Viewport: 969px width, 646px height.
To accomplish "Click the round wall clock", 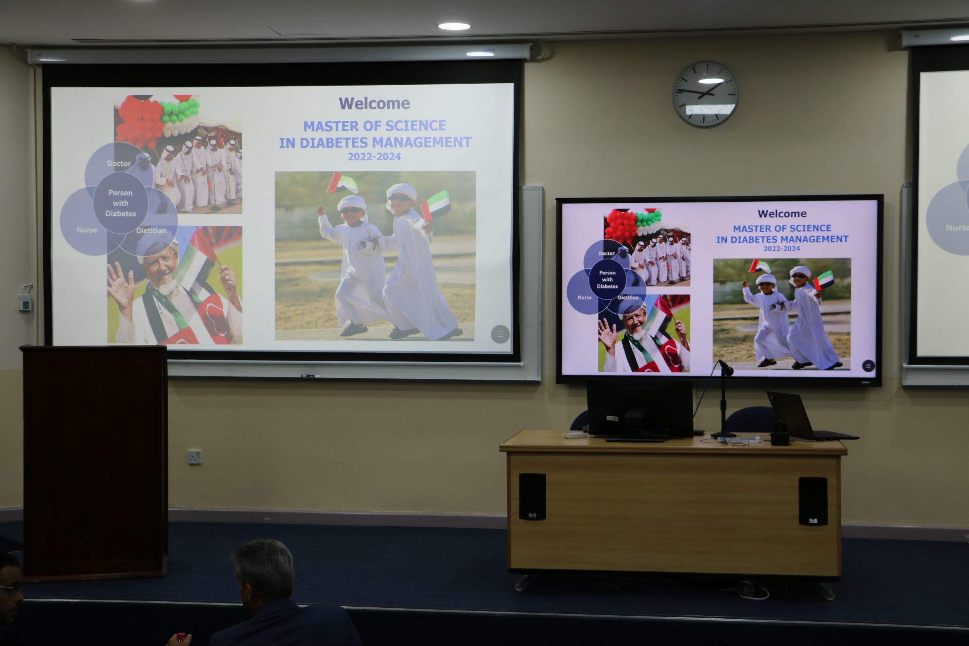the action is click(705, 93).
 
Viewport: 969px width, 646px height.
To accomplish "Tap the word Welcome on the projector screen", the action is click(374, 103).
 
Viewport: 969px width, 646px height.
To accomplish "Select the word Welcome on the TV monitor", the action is click(782, 213).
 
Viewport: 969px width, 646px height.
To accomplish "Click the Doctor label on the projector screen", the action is click(118, 163).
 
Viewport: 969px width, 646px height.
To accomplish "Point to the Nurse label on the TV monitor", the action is click(584, 297).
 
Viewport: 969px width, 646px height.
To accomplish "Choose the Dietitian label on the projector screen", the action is click(151, 230).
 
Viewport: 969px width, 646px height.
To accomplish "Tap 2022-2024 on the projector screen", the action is click(374, 157).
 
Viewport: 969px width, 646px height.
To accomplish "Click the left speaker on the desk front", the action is click(532, 497).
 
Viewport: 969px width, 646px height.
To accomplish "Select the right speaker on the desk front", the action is click(813, 501).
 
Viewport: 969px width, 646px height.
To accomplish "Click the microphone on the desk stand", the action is click(726, 367).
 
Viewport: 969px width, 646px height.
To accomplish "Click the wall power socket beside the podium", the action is click(195, 457).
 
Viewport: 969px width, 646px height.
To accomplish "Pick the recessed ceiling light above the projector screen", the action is click(454, 26).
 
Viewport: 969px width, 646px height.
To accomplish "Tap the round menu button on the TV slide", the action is click(868, 366).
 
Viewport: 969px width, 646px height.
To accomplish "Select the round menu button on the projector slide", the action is click(500, 334).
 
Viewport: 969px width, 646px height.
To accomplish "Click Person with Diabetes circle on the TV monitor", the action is click(607, 279).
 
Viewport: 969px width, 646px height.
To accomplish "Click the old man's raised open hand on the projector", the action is click(120, 286).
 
